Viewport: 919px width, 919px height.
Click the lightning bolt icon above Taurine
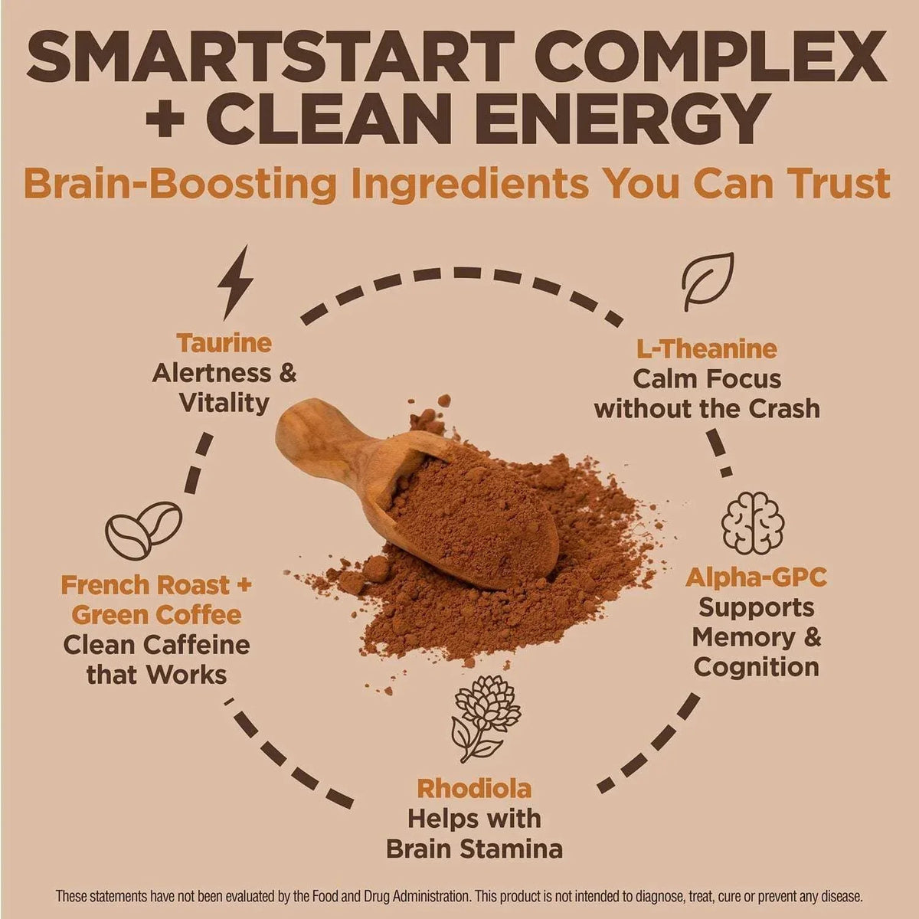tap(234, 282)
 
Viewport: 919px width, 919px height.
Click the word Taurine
tap(224, 343)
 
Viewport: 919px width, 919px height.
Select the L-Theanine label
tap(707, 349)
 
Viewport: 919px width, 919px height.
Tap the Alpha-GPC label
tap(756, 578)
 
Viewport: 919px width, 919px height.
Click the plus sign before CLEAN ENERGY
tap(165, 118)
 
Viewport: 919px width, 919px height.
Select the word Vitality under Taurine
tap(224, 404)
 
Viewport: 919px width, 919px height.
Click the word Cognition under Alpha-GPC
tap(757, 667)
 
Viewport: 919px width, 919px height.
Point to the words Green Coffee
tap(156, 615)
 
